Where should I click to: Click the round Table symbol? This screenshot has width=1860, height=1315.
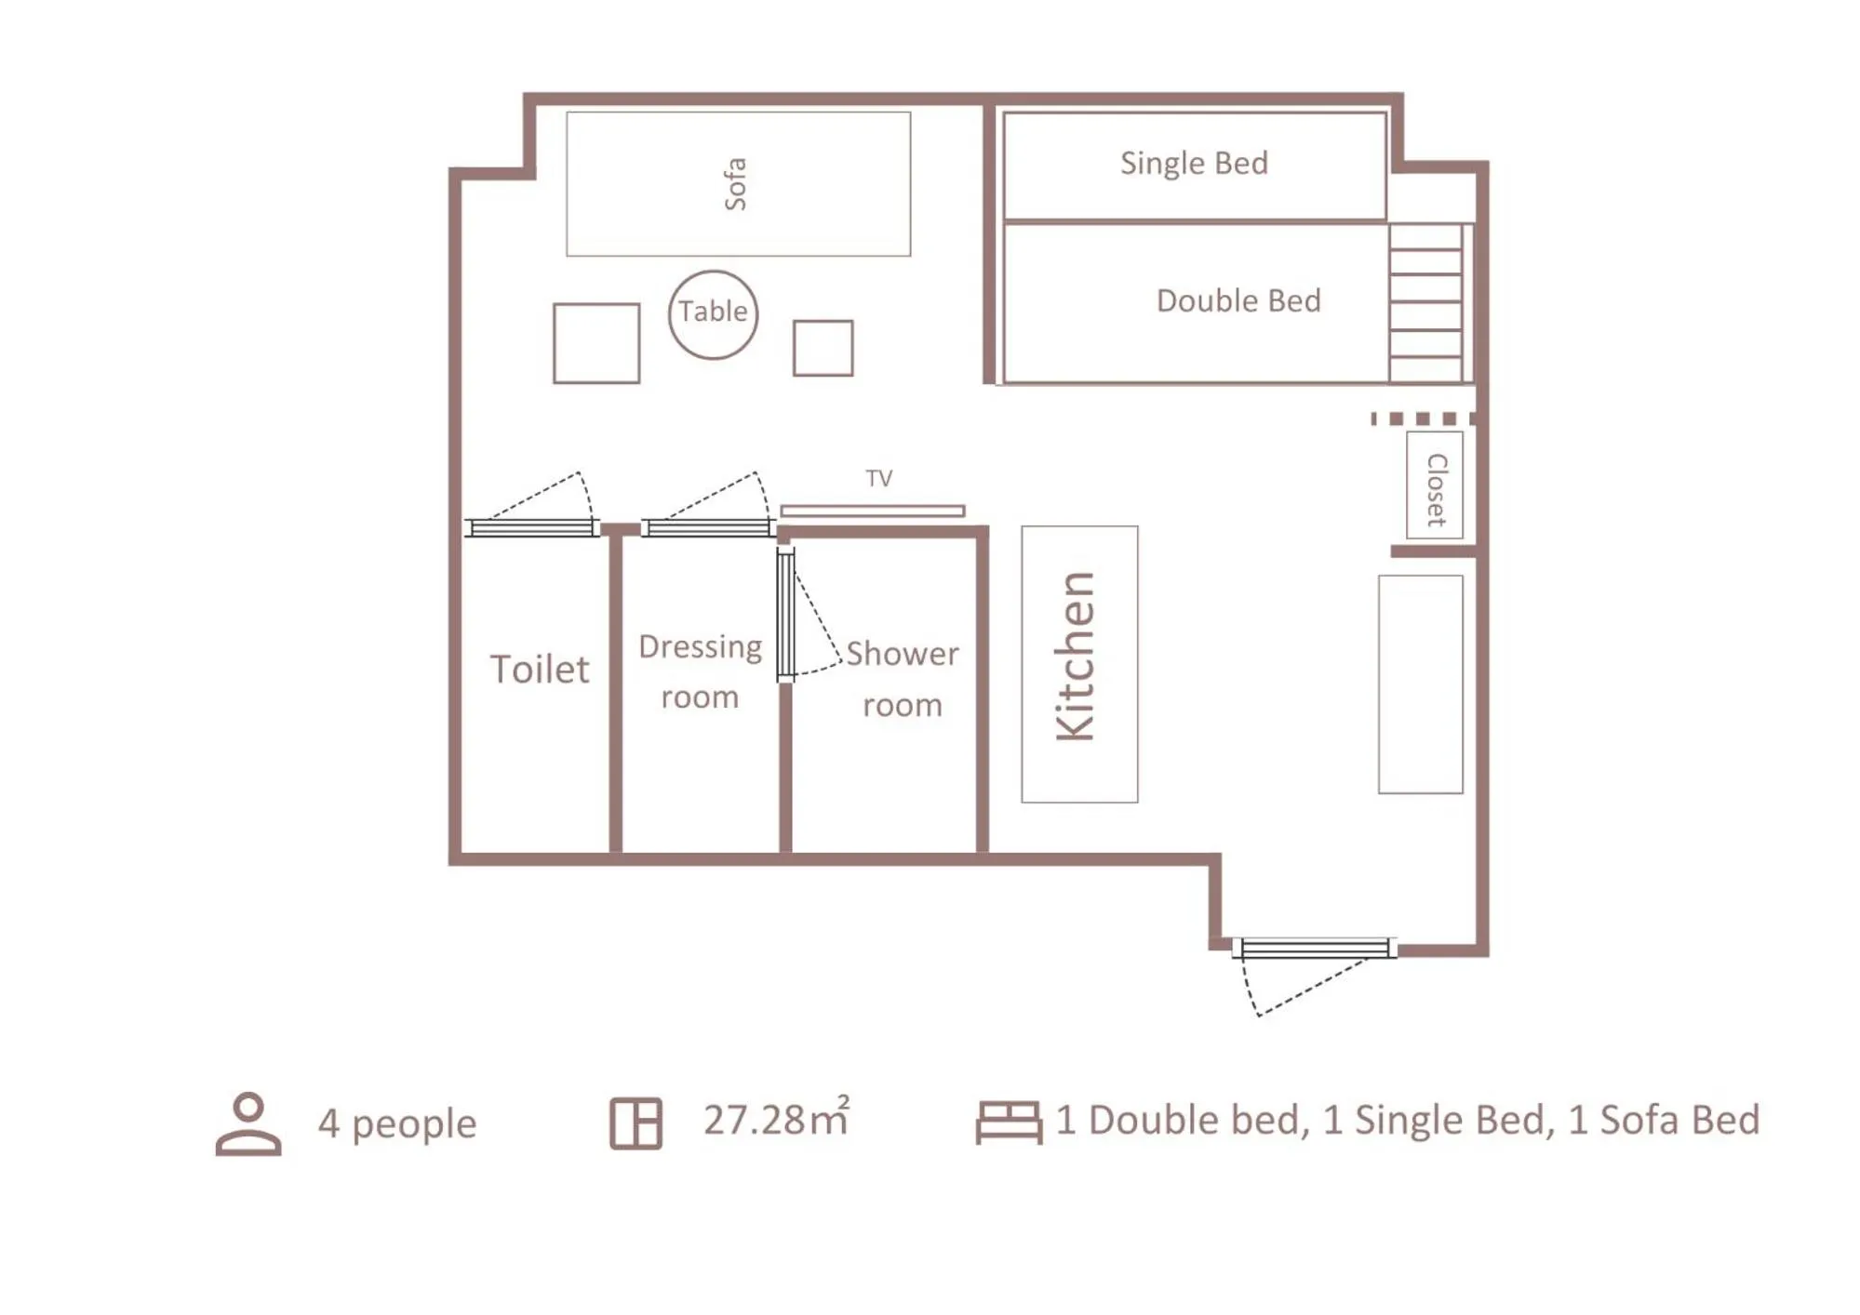(713, 314)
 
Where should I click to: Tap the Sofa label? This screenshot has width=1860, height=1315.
(735, 184)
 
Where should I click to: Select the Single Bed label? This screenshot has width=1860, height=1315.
(1193, 164)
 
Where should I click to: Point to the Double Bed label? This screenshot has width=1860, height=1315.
(1238, 301)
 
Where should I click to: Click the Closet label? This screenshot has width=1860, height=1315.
(1436, 489)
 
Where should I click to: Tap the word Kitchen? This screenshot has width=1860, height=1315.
(1077, 657)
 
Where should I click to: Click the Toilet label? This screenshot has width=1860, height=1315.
(539, 670)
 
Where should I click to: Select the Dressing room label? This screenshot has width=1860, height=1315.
(700, 671)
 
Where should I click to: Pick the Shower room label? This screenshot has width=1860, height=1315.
(902, 679)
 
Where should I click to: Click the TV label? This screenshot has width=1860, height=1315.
(878, 479)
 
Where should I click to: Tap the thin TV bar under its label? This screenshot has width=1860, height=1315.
(872, 511)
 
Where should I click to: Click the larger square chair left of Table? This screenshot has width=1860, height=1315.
(595, 343)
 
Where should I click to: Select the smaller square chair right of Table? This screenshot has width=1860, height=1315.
(823, 348)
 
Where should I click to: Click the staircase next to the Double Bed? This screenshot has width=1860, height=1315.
(1425, 303)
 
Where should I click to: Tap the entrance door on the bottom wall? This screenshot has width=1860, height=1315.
(1314, 949)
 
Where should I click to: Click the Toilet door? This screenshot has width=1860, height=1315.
(531, 527)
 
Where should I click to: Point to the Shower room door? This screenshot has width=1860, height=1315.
(786, 614)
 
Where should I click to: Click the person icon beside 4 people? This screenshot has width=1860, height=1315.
(248, 1123)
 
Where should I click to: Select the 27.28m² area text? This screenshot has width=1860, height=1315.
(776, 1119)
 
